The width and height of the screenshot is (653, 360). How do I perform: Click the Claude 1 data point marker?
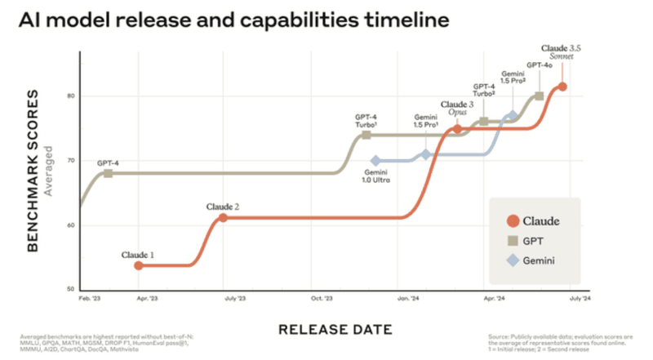click(139, 265)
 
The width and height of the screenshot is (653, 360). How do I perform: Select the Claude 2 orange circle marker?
click(223, 218)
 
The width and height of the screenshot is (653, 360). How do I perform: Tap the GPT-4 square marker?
click(108, 174)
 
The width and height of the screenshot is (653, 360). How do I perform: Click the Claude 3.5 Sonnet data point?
click(562, 87)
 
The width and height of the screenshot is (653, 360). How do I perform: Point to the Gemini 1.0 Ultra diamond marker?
click(375, 161)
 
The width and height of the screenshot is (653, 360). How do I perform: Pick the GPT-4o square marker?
click(539, 96)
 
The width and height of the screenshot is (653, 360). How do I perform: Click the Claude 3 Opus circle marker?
click(457, 129)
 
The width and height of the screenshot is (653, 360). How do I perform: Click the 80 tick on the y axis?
click(71, 96)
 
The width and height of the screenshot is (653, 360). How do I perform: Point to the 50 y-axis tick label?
click(71, 289)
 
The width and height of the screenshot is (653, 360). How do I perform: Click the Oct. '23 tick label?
click(322, 300)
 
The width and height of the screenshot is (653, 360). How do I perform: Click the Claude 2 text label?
click(223, 207)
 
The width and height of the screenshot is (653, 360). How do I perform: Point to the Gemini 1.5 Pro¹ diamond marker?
click(426, 154)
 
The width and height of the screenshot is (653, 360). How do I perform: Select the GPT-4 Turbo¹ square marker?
click(366, 136)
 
